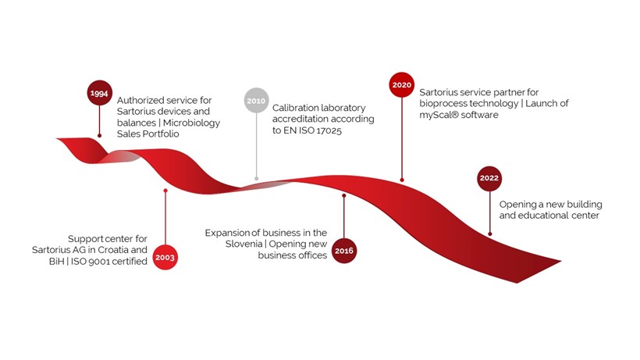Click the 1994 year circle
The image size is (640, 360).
point(100,93)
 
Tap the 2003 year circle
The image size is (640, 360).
point(165,257)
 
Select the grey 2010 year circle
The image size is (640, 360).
point(256,100)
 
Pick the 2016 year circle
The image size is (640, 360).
point(344,251)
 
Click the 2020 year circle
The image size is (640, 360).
point(402,85)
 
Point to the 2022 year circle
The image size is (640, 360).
point(489,178)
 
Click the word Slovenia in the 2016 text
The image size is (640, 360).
point(244,244)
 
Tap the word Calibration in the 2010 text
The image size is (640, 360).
point(295,108)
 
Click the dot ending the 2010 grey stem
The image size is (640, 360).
point(256,178)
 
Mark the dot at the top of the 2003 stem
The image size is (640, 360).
point(165,191)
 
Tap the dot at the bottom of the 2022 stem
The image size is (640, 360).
point(490,233)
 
